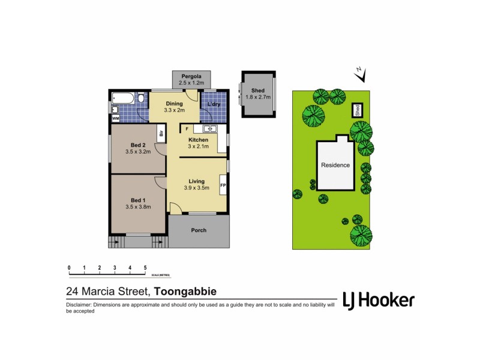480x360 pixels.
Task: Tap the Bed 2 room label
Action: pos(137,145)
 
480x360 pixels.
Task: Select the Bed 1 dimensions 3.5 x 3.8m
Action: pos(137,207)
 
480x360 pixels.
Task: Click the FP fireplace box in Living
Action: pos(223,185)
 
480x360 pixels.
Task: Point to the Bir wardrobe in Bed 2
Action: pos(161,133)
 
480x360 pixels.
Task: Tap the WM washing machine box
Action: pos(115,118)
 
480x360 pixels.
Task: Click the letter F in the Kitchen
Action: pos(187,129)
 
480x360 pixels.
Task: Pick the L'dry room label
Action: pos(214,104)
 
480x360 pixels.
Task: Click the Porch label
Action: pos(198,230)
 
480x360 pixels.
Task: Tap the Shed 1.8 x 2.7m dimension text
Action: pos(259,97)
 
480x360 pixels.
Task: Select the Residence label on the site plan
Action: pos(335,165)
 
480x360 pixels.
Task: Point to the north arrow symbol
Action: pos(360,74)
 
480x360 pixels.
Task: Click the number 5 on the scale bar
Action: pos(145,268)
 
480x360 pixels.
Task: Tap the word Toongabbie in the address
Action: pos(185,292)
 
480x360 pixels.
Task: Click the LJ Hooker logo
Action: pos(377,300)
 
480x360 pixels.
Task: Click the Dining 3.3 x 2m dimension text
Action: pos(174,110)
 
